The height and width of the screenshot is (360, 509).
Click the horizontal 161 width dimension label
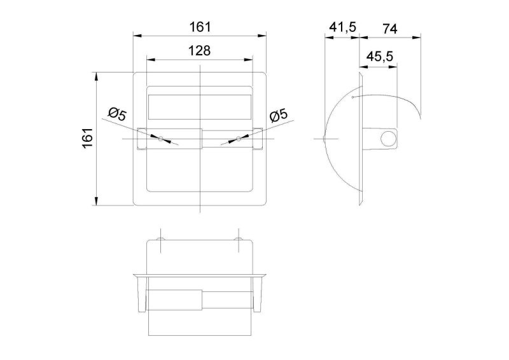coord(200,27)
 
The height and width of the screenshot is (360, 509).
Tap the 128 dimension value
coord(199,51)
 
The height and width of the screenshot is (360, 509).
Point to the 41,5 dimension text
coord(343,27)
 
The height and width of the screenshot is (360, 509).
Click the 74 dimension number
coord(389,29)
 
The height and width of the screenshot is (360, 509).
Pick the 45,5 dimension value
coord(380,57)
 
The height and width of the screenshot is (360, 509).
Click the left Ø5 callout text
coord(118,114)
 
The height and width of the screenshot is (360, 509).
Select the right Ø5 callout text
coord(279,115)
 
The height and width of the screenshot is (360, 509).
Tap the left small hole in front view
coord(161,139)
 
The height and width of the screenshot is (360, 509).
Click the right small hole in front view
coord(239,139)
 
